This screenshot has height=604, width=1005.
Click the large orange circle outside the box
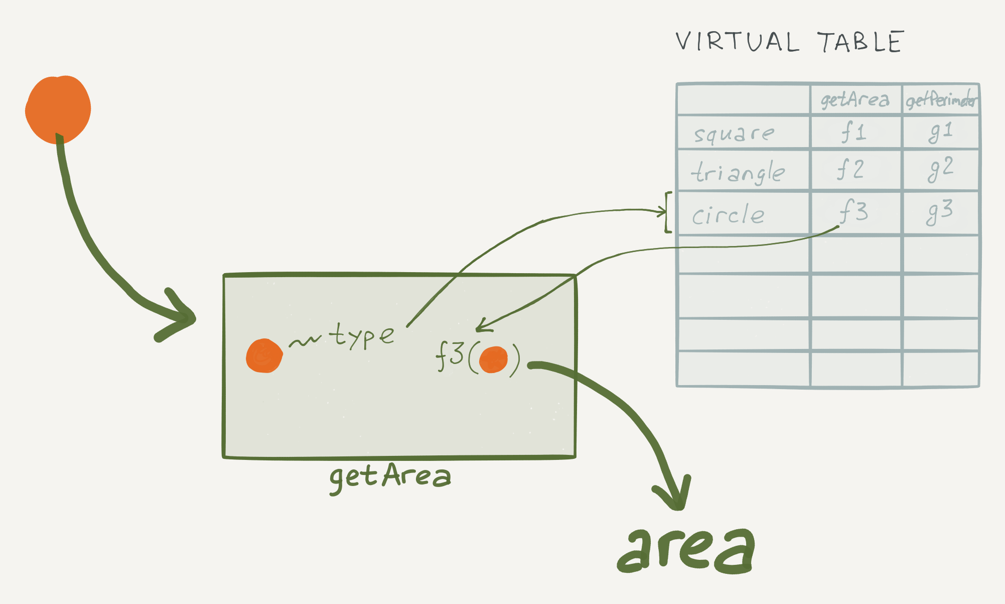(x=58, y=109)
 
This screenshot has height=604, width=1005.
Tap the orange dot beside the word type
(x=264, y=355)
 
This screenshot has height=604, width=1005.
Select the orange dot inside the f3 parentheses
(x=493, y=359)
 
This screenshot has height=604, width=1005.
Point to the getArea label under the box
(x=390, y=477)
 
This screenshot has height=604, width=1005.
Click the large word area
(x=686, y=550)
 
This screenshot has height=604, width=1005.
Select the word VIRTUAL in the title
(x=737, y=42)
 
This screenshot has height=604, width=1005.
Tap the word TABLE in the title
(x=861, y=42)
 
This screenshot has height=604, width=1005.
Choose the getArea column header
(x=855, y=100)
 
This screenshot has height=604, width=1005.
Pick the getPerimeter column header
(x=941, y=100)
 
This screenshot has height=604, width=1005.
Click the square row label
(x=734, y=134)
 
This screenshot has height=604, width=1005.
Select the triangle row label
(x=738, y=172)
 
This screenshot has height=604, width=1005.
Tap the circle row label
(x=728, y=215)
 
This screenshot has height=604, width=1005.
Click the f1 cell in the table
(x=853, y=132)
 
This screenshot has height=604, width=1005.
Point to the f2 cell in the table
(x=850, y=169)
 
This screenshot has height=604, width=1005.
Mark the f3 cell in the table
(x=853, y=211)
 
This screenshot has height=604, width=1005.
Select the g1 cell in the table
(x=940, y=132)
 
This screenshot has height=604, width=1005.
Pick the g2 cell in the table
(x=940, y=169)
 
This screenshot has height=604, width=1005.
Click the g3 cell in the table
(x=939, y=212)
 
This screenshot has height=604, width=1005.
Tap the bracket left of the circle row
(x=668, y=212)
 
